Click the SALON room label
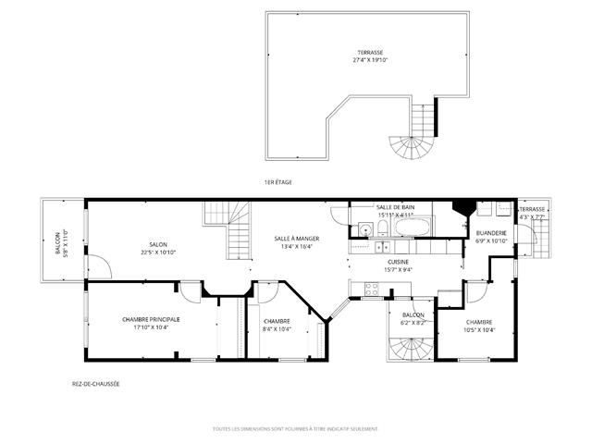click(158, 244)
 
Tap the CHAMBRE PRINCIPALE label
click(151, 320)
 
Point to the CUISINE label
click(399, 262)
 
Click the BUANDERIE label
click(491, 233)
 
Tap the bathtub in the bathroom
click(414, 227)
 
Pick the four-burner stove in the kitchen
click(373, 288)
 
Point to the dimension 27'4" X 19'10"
click(371, 60)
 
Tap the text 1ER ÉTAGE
click(277, 182)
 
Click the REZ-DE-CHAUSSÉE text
click(95, 384)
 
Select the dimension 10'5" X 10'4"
click(479, 330)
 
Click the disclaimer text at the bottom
click(295, 428)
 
